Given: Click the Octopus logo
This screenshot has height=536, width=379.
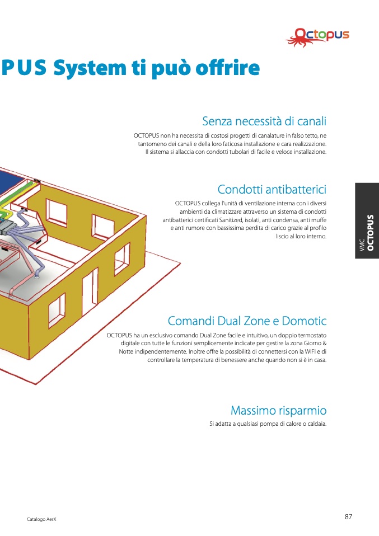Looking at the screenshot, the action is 317,37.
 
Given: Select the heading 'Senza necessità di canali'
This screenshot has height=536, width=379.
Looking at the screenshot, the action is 264,121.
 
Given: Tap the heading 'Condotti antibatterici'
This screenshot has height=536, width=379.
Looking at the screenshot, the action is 272,189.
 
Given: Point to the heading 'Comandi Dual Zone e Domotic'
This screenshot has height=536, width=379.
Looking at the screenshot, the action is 247,321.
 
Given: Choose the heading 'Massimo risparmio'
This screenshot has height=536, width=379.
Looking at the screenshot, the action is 278,410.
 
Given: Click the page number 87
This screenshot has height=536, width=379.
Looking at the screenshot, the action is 348,516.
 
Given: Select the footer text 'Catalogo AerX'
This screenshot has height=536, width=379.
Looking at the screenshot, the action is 41,519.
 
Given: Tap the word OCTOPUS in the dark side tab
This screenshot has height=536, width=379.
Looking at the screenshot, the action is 370,232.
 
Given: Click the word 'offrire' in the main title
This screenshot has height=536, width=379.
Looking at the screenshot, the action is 227,67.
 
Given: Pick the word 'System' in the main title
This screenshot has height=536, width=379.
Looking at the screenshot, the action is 90,68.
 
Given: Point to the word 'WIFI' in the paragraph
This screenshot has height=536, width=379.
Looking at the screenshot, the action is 310,351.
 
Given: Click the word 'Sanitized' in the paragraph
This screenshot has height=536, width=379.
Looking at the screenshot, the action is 231,220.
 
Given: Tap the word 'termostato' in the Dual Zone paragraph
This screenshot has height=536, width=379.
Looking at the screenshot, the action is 312,335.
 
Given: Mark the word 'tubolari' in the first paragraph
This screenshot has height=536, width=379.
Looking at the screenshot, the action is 238,152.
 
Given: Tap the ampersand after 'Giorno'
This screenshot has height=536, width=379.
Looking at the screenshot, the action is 325,343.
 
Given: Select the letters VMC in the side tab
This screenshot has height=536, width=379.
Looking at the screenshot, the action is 362,246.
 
